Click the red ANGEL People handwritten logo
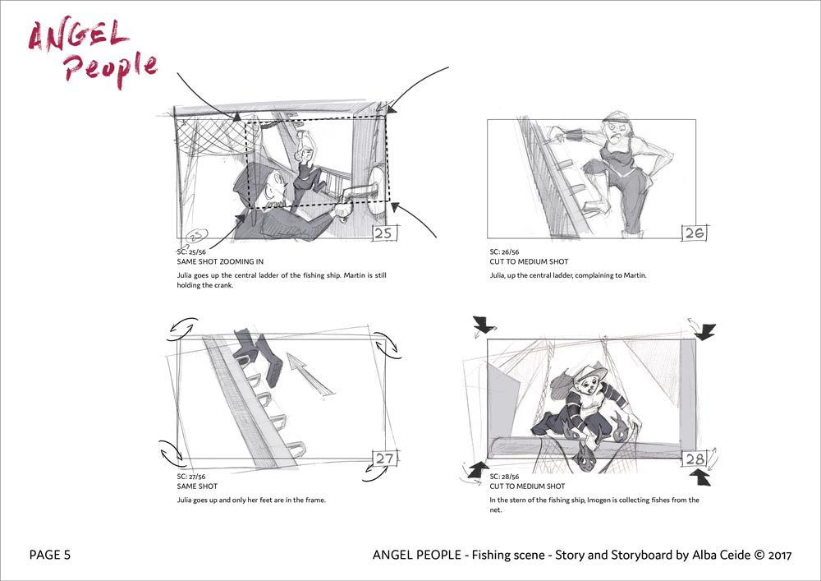pyautogui.click(x=92, y=53)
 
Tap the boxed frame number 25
pyautogui.click(x=384, y=233)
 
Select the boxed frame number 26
pyautogui.click(x=695, y=233)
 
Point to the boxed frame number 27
pyautogui.click(x=385, y=458)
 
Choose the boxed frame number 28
pyautogui.click(x=695, y=459)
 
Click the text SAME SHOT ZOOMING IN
pyautogui.click(x=220, y=261)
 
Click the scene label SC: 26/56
pyautogui.click(x=504, y=252)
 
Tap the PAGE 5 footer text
pyautogui.click(x=50, y=555)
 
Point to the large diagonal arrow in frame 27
pyautogui.click(x=310, y=374)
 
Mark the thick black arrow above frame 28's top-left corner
pyautogui.click(x=484, y=325)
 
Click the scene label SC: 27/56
pyautogui.click(x=191, y=477)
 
